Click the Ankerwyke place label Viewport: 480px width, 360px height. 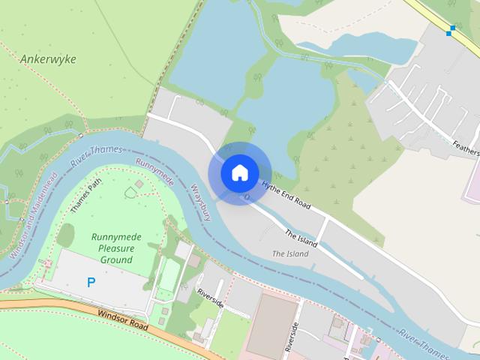48,58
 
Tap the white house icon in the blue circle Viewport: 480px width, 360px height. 239,173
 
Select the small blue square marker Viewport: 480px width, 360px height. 450,31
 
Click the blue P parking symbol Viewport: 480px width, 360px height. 91,283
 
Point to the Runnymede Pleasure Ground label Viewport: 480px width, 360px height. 116,248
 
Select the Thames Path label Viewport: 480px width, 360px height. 85,197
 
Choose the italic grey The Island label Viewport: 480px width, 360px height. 289,253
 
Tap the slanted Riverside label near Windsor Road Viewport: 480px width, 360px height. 209,298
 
